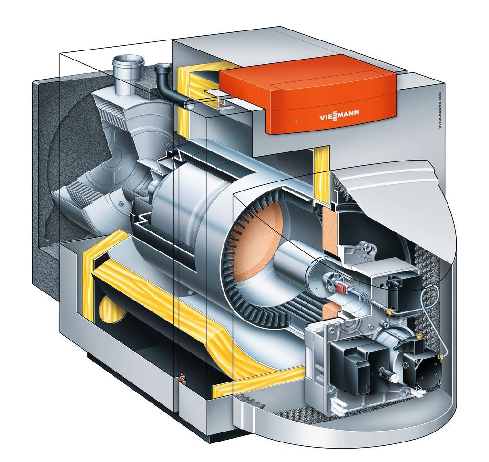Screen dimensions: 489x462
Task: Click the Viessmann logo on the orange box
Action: (339, 115)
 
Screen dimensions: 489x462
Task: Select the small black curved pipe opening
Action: (163, 67)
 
